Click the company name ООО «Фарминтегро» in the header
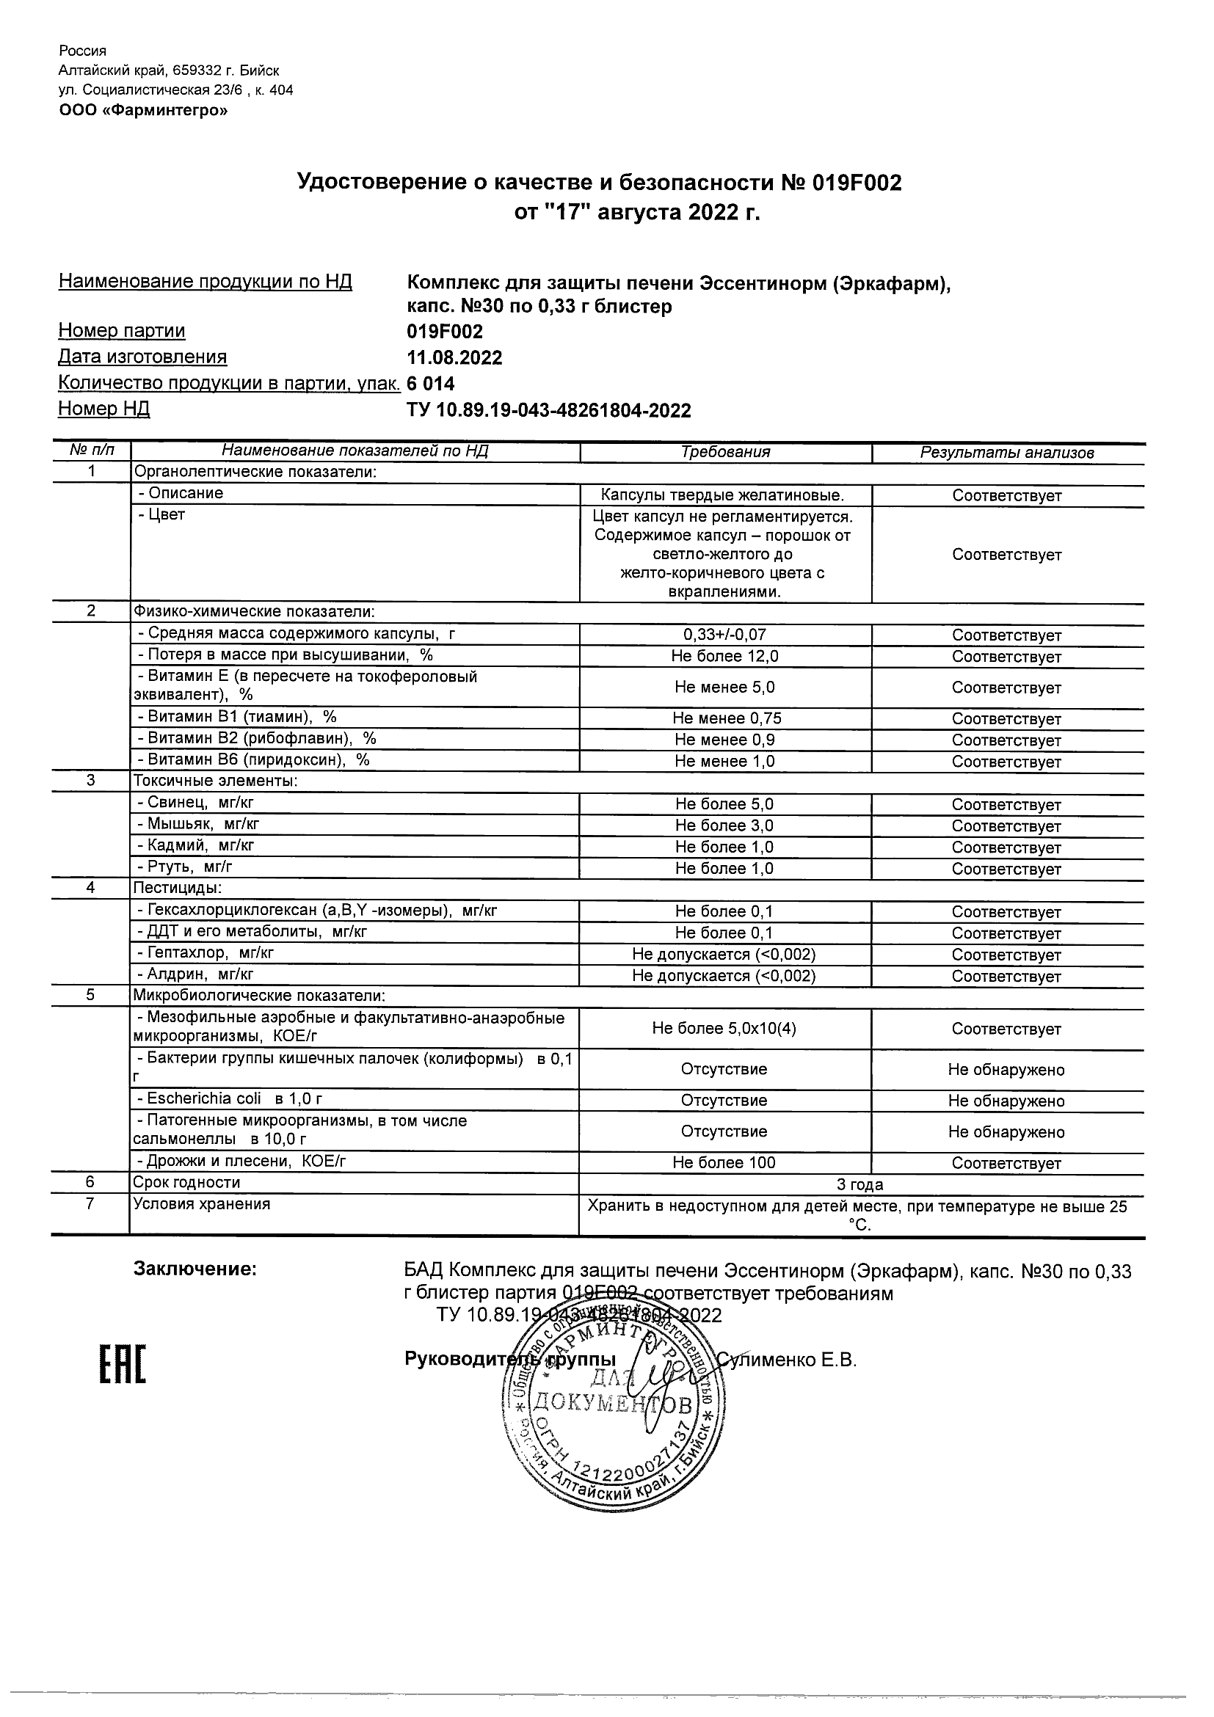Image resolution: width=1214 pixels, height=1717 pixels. coord(144,111)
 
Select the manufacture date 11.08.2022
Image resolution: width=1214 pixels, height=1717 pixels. coord(454,357)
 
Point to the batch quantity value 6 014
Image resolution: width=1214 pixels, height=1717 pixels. coord(430,384)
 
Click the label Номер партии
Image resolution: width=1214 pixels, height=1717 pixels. coord(122,330)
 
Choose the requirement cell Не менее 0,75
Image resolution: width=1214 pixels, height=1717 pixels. coord(726,718)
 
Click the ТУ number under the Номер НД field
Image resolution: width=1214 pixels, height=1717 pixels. coord(548,411)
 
